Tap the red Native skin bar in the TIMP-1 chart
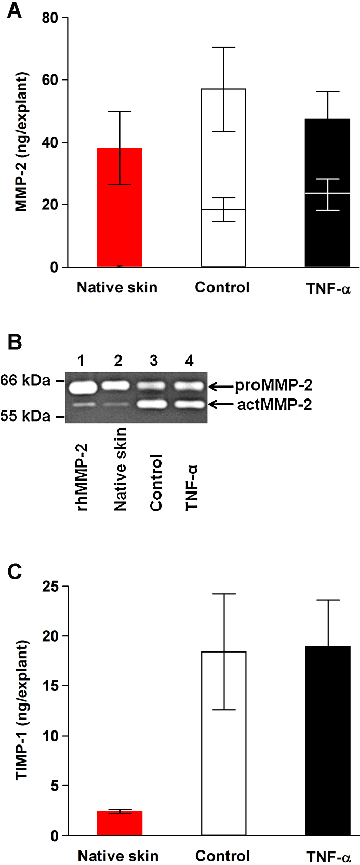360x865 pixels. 119,823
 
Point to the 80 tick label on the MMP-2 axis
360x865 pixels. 50,18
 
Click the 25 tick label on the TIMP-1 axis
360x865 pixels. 50,587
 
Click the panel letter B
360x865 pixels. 15,342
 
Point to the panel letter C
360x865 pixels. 15,571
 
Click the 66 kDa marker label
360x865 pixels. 25,381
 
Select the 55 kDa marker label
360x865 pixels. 25,416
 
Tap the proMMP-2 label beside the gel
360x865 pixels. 274,385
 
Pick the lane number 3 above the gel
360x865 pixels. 154,361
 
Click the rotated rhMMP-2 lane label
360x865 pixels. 82,477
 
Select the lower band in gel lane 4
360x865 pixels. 189,404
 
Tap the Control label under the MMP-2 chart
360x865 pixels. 222,287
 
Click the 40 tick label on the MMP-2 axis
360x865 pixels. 50,142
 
